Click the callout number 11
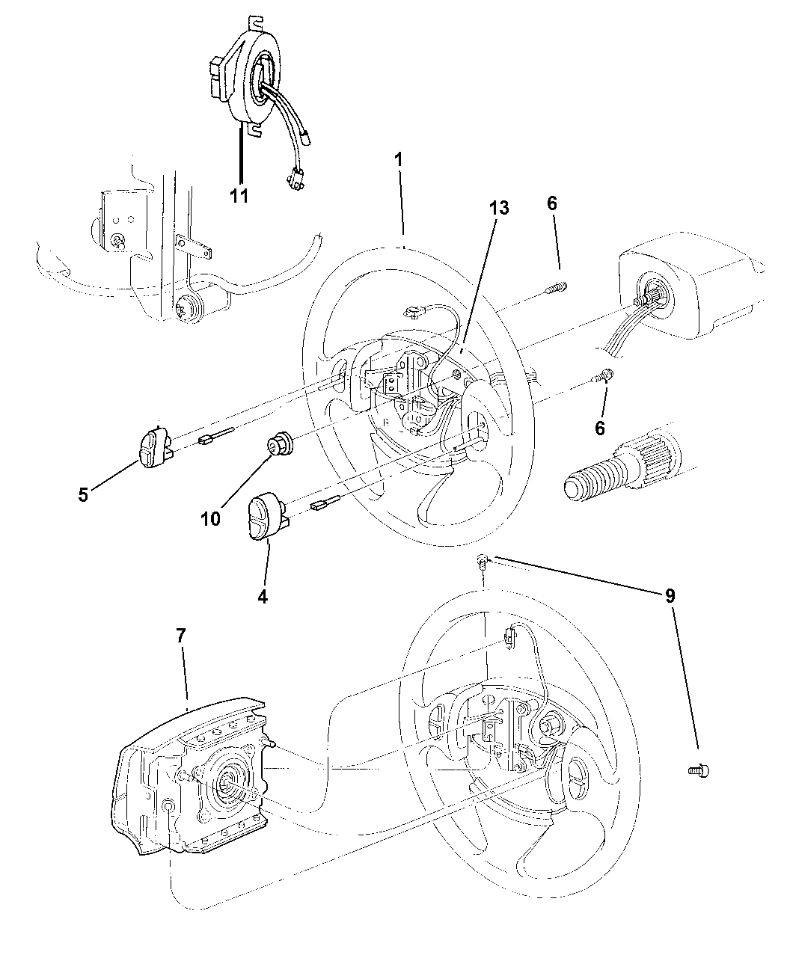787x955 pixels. coord(239,196)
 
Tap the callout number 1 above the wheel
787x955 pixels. coord(399,159)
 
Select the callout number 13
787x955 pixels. coord(499,208)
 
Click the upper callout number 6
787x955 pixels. coord(552,203)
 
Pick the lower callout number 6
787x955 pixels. coord(599,428)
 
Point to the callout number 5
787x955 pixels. coord(83,494)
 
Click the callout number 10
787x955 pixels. coord(210,519)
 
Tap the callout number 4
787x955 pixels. coord(262,596)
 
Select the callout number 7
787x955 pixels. coord(181,635)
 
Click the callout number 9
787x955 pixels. coord(670,595)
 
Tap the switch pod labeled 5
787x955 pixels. coord(155,447)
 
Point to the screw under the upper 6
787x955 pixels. coord(557,288)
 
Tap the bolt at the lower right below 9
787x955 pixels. coord(699,772)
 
